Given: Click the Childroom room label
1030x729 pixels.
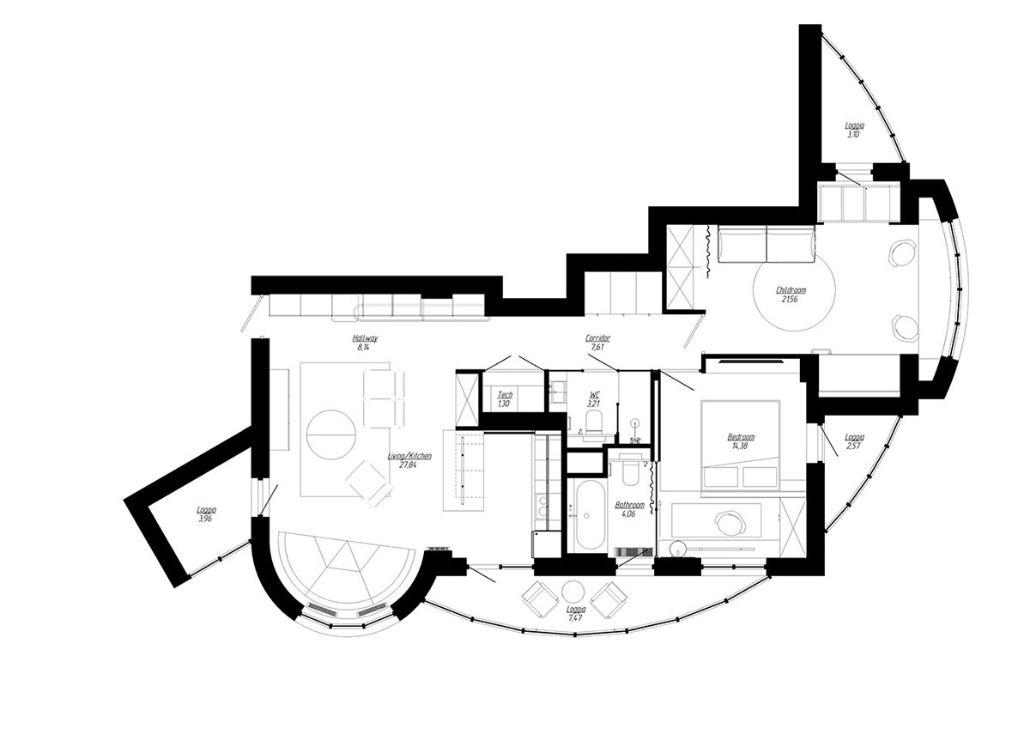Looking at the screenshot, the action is pos(791,290).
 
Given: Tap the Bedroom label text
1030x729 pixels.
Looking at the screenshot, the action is pos(741,437).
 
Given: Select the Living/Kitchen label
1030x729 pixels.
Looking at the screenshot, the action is pos(409,456).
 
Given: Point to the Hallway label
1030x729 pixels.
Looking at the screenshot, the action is pos(365,338).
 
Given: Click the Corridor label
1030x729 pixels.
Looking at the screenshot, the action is pos(597,338).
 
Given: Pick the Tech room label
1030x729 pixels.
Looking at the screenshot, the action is pos(505,395).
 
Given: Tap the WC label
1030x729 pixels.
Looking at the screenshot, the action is pos(595,395).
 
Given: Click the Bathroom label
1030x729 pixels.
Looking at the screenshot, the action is pos(629,505).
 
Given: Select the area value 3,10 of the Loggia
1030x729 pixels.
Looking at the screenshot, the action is pos(853,135).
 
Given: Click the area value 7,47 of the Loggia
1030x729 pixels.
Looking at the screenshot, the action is pos(575,617).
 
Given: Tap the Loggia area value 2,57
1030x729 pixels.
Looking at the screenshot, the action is pos(853,446).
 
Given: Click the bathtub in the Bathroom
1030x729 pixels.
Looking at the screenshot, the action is pos(590,514).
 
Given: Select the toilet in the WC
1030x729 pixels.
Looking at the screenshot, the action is pos(594,422).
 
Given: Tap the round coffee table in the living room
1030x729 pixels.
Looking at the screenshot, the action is pos(331,434).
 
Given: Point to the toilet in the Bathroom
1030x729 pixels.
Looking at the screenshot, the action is pos(629,472).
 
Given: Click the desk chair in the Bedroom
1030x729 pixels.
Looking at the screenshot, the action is pos(730,523).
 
